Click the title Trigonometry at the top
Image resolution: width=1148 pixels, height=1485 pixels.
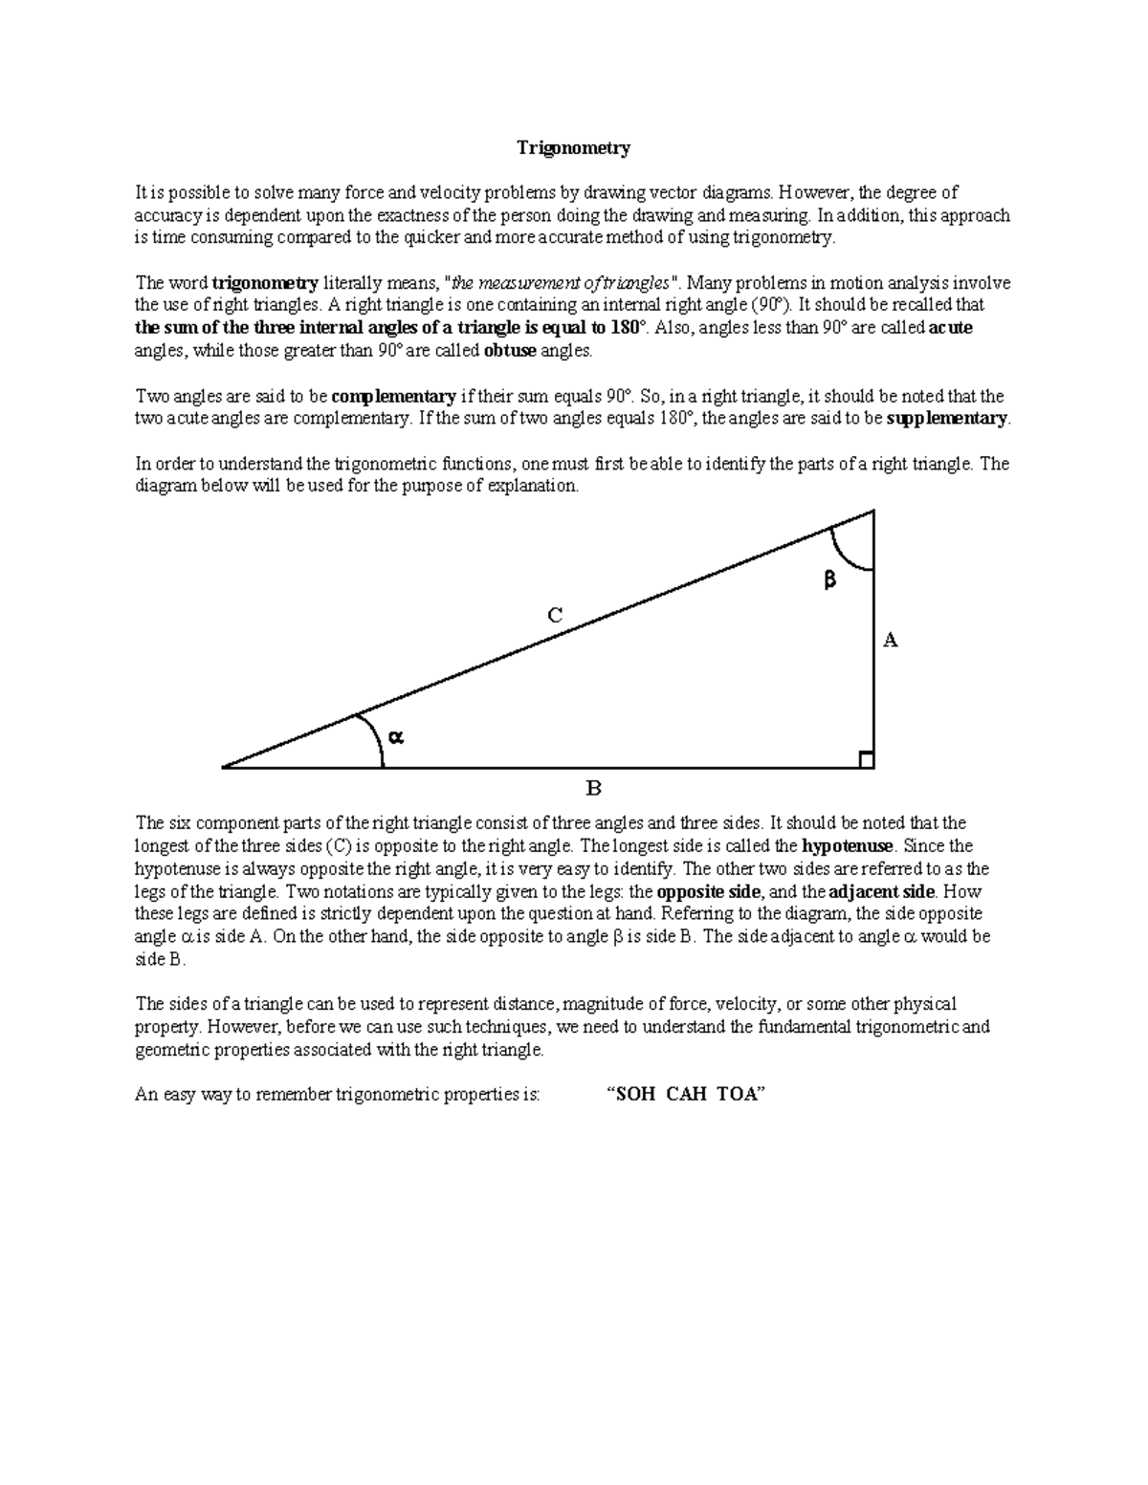(573, 148)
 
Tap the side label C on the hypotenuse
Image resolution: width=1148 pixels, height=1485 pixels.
(554, 616)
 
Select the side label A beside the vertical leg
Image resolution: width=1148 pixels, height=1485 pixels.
(891, 640)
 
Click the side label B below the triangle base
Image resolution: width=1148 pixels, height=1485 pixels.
(593, 789)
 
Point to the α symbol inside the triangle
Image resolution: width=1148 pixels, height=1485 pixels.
(396, 736)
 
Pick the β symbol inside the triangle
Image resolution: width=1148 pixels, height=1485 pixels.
(829, 579)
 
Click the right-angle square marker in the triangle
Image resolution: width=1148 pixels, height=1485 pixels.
(866, 760)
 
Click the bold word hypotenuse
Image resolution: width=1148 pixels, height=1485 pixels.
(847, 846)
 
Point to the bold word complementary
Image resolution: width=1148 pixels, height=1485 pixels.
(393, 396)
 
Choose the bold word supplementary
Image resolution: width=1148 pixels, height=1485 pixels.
(947, 419)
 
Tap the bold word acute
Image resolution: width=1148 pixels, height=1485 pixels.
(951, 328)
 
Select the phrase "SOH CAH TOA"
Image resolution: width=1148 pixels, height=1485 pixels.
(688, 1096)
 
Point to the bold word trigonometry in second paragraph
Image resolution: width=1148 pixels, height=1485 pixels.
(265, 283)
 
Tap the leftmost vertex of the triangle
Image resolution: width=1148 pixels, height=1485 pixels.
(223, 767)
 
